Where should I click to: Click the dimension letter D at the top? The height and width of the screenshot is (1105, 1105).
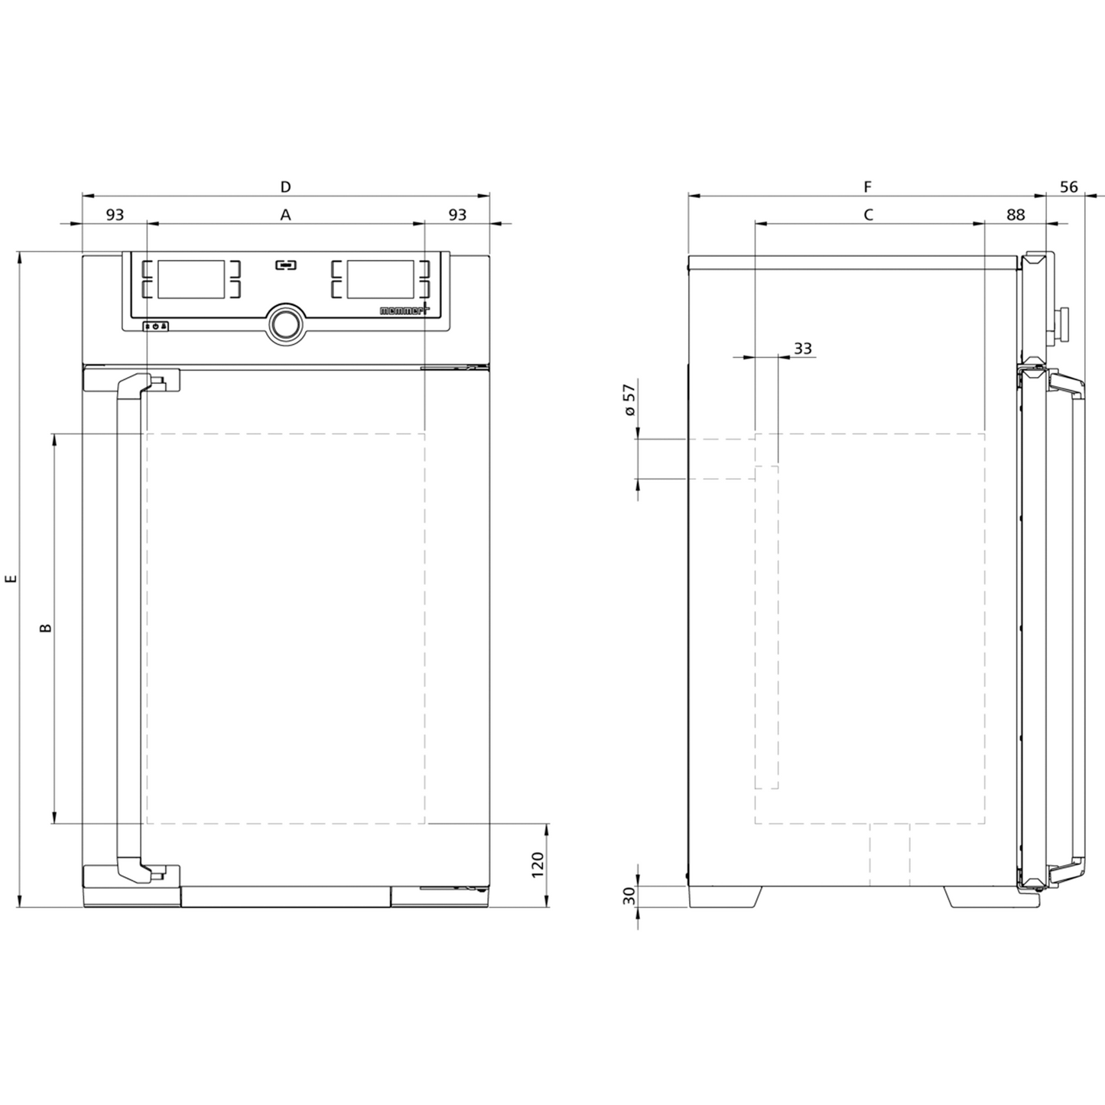(x=285, y=187)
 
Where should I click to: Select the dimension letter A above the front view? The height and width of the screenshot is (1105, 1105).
(x=285, y=215)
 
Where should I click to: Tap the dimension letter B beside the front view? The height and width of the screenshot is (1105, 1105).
(x=46, y=628)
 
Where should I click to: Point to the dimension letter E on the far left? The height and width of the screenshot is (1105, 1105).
(x=11, y=580)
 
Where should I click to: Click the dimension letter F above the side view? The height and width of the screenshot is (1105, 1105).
(x=867, y=187)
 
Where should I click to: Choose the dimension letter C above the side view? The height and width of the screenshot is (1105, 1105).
(x=868, y=215)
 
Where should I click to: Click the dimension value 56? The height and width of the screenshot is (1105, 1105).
(x=1068, y=187)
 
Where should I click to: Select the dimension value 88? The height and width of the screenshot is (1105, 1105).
(x=1015, y=215)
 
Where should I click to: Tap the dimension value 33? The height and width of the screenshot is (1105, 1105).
(x=802, y=349)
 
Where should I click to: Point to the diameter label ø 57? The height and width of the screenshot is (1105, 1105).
(x=629, y=400)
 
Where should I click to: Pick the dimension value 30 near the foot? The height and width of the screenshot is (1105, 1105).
(x=629, y=896)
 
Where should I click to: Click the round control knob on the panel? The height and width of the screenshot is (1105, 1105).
(x=285, y=323)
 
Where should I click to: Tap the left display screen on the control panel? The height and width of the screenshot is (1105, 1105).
(x=190, y=279)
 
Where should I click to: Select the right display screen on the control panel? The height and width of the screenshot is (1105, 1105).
(x=380, y=279)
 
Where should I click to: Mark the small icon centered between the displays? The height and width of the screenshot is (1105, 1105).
(x=285, y=265)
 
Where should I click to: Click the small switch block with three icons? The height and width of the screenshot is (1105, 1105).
(x=155, y=326)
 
